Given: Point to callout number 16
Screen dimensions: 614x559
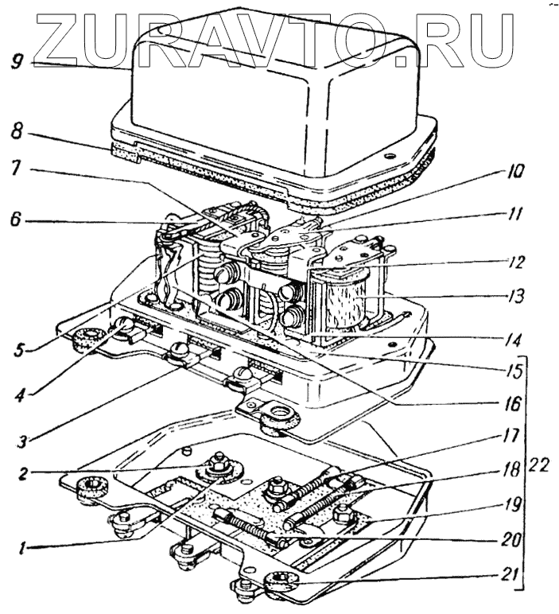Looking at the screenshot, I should click(x=518, y=404).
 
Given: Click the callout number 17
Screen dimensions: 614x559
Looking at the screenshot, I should click(x=518, y=436).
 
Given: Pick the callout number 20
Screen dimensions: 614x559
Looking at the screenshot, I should click(x=518, y=538).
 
